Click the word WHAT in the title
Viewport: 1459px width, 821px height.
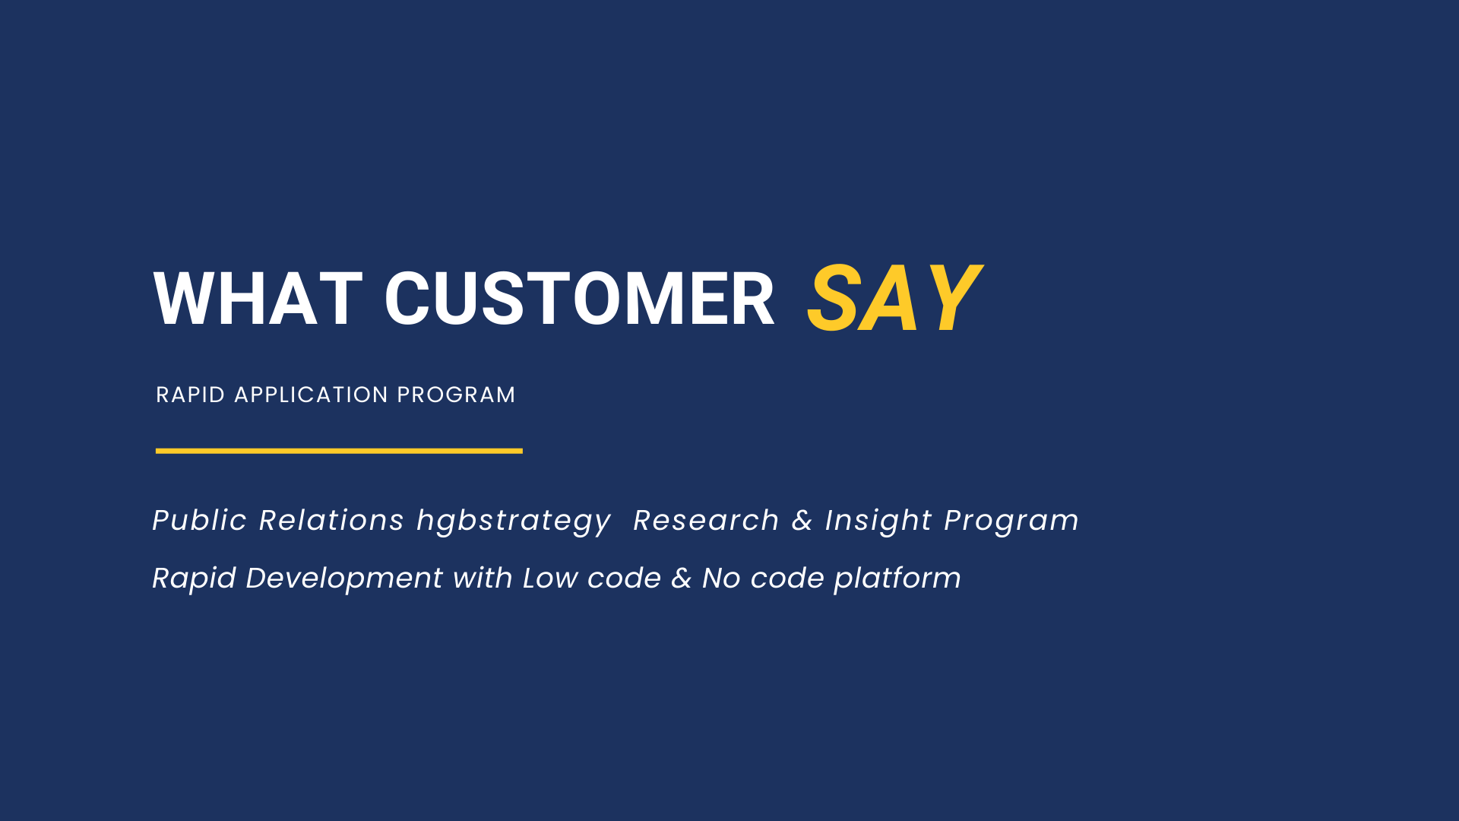pyautogui.click(x=258, y=299)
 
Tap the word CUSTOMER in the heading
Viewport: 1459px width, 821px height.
pyautogui.click(x=580, y=299)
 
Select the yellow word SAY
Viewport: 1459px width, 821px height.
pyautogui.click(x=895, y=298)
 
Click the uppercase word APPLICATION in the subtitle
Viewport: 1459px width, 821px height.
pyautogui.click(x=312, y=395)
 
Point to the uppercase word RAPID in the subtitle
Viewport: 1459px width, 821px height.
pyautogui.click(x=191, y=395)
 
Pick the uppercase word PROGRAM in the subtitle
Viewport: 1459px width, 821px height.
pyautogui.click(x=456, y=395)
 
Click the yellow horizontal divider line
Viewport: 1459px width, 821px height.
pyautogui.click(x=339, y=451)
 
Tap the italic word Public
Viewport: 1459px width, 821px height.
pyautogui.click(x=200, y=520)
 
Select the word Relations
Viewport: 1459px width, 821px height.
pyautogui.click(x=331, y=520)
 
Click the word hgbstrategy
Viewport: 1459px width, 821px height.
pyautogui.click(x=514, y=521)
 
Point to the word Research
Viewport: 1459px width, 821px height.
pyautogui.click(x=707, y=520)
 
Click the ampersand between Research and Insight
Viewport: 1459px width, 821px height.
pyautogui.click(x=802, y=520)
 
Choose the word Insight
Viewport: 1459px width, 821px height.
pyautogui.click(x=878, y=521)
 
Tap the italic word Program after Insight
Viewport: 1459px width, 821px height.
pyautogui.click(x=1011, y=521)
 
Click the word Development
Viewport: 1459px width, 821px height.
pyautogui.click(x=344, y=579)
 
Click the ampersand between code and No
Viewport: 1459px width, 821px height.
pyautogui.click(x=682, y=578)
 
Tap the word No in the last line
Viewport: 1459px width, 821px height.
pyautogui.click(x=721, y=578)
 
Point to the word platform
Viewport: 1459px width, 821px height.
pyautogui.click(x=897, y=579)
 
